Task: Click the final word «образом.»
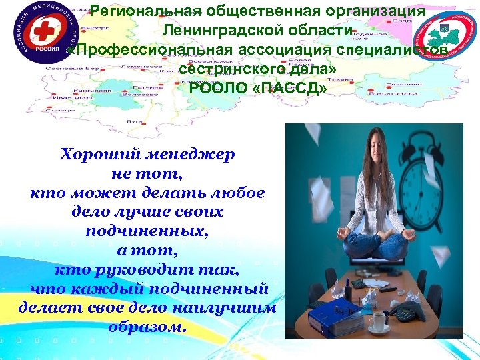pos(148,327)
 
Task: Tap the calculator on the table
pos(360,283)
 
